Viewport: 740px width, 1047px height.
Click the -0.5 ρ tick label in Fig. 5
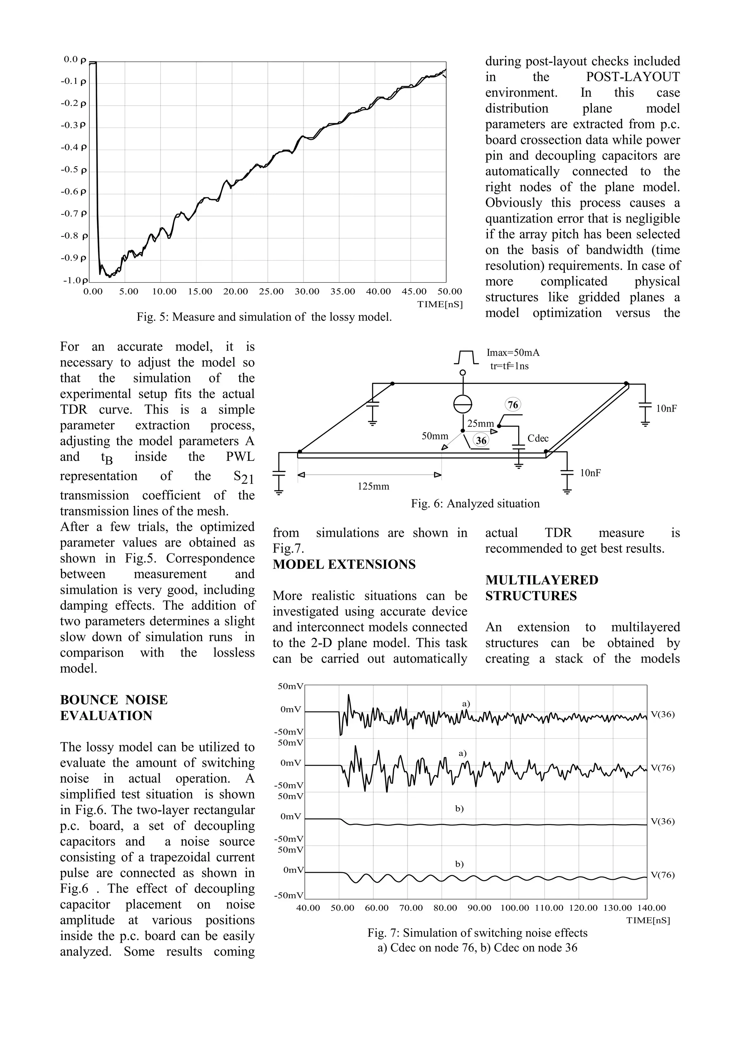[x=73, y=170]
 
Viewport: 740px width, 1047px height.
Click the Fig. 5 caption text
[x=264, y=317]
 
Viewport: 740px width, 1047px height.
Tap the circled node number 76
[x=513, y=404]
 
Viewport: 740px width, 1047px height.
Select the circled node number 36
[x=481, y=440]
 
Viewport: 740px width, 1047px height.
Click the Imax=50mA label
[x=513, y=352]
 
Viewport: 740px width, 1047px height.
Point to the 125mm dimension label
[x=373, y=486]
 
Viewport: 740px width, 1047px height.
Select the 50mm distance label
[x=435, y=436]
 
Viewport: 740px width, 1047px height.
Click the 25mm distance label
[x=481, y=424]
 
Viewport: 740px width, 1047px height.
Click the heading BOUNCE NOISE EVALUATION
[x=113, y=707]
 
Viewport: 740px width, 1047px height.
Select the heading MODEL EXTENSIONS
[x=344, y=565]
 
